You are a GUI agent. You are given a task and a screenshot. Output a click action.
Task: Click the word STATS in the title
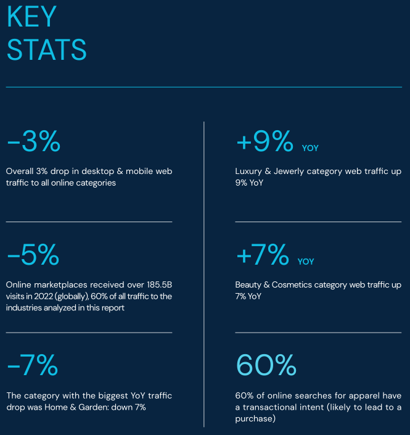pos(47,49)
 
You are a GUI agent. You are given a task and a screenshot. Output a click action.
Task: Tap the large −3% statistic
pos(34,142)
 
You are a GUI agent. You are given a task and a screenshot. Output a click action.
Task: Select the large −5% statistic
pos(33,254)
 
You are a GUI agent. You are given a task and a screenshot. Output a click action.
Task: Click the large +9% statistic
pos(264,142)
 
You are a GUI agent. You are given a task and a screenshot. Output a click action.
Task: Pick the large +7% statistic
pos(262,254)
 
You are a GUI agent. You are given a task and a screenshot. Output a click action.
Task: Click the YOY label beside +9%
pos(310,148)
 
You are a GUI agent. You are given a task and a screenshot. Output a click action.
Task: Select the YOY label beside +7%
pos(306,262)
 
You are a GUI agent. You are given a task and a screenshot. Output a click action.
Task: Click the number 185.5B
pos(159,285)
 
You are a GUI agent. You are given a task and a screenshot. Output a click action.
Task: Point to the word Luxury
pos(249,171)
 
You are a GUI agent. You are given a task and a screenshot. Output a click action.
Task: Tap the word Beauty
pos(250,285)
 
